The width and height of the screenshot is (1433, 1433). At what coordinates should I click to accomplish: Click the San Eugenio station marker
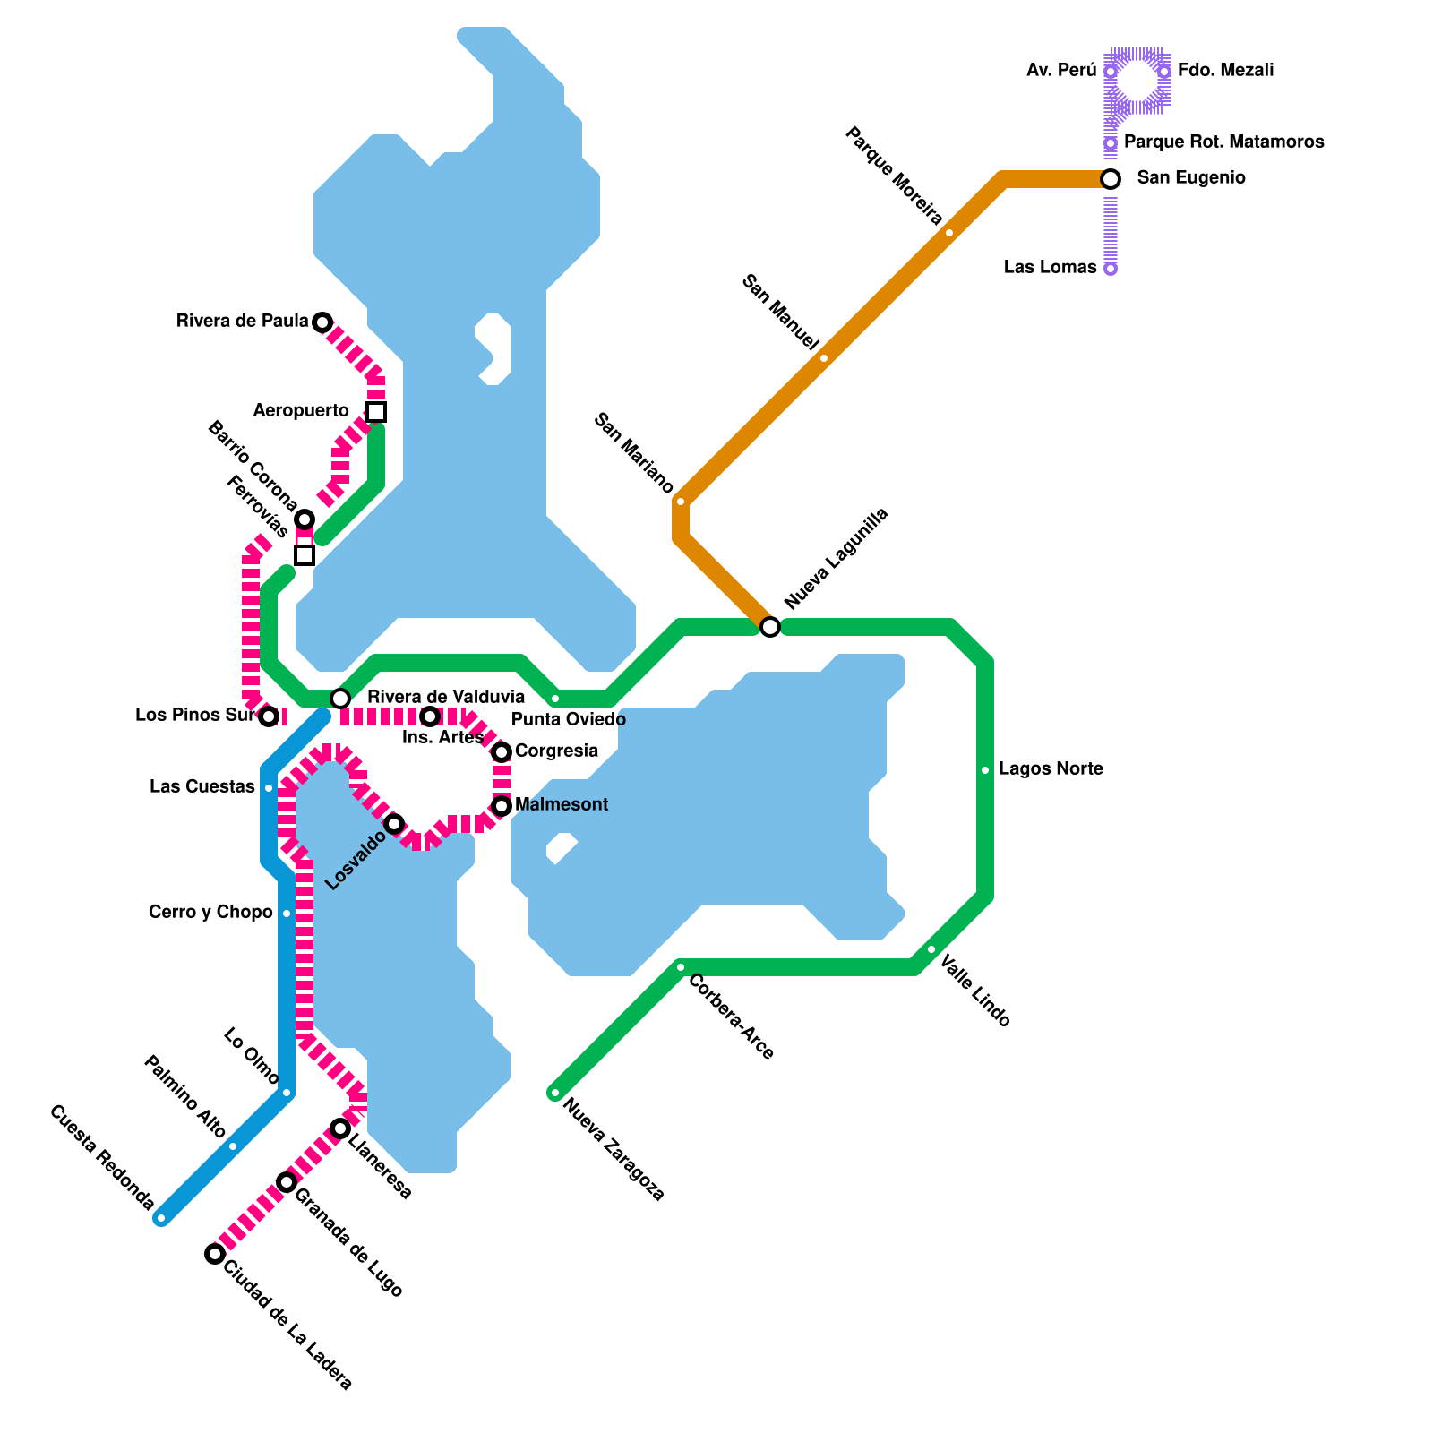[x=1111, y=179]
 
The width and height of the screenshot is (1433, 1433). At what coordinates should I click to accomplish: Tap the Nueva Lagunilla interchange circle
[x=770, y=627]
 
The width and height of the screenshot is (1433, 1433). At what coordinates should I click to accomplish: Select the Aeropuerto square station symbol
[x=376, y=412]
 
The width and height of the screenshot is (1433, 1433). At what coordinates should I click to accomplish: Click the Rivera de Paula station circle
[x=322, y=322]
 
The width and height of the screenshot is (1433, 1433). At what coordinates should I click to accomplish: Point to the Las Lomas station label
[x=1050, y=268]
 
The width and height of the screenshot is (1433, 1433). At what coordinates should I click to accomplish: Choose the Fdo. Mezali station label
[x=1225, y=71]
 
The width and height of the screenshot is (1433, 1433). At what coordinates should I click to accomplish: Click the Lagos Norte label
[x=1051, y=769]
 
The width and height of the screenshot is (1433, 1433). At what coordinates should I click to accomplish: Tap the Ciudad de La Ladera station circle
[x=215, y=1254]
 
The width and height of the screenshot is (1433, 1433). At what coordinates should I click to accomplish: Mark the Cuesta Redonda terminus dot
[x=161, y=1218]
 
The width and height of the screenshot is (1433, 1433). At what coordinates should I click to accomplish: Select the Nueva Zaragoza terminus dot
[x=555, y=1093]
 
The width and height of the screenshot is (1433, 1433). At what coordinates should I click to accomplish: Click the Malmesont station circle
[x=502, y=806]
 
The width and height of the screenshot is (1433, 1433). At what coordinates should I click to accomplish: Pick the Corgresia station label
[x=556, y=751]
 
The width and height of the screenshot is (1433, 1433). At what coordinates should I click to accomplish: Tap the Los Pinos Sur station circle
[x=269, y=716]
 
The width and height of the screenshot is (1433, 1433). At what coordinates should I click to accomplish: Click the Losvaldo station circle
[x=394, y=824]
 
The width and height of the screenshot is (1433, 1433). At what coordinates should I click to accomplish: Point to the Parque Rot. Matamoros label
[x=1223, y=142]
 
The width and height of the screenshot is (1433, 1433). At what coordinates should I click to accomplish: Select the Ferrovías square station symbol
[x=305, y=555]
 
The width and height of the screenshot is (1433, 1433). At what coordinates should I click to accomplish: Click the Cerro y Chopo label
[x=210, y=913]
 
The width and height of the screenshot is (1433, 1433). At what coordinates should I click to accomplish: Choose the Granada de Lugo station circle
[x=287, y=1182]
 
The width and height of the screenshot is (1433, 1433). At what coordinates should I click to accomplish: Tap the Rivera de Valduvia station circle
[x=340, y=699]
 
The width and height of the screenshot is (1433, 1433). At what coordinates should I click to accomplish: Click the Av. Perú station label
[x=1061, y=71]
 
